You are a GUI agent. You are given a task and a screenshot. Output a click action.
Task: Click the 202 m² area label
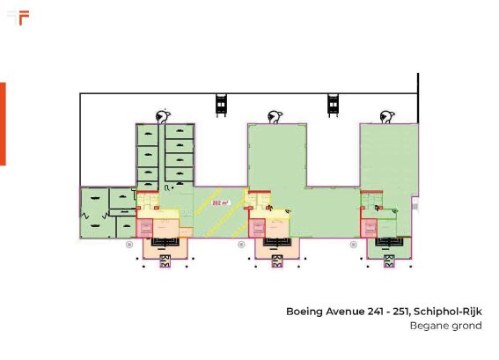[x=221, y=202]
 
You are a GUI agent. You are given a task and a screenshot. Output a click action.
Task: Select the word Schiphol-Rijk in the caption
[x=448, y=312]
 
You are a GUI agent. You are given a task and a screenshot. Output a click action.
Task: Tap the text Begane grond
[x=446, y=326]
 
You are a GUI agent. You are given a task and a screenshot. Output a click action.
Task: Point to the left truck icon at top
[x=221, y=105]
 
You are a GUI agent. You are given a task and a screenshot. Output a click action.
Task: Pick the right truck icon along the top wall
[x=333, y=105]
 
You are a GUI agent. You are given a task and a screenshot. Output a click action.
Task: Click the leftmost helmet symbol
[x=163, y=117]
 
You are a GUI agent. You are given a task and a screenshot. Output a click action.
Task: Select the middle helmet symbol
[x=275, y=117]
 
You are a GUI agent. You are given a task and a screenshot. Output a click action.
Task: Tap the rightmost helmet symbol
[x=387, y=117]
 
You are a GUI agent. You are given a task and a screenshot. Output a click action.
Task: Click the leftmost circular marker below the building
[x=129, y=245]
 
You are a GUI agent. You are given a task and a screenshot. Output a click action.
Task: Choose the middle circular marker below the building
[x=241, y=245]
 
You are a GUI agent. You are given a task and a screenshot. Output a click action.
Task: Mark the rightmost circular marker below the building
[x=353, y=245]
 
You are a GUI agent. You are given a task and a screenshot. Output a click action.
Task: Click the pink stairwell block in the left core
[x=144, y=228]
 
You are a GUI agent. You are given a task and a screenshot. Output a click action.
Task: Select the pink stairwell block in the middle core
[x=257, y=228]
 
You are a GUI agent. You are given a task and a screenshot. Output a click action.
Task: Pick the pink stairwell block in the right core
[x=369, y=228]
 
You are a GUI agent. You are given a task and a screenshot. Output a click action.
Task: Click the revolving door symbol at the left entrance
[x=165, y=261]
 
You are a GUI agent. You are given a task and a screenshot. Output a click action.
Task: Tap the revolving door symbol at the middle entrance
[x=277, y=261]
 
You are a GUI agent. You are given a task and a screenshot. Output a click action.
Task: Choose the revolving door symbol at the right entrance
[x=389, y=261]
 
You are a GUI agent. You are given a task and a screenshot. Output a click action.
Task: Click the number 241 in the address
[x=376, y=312]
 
